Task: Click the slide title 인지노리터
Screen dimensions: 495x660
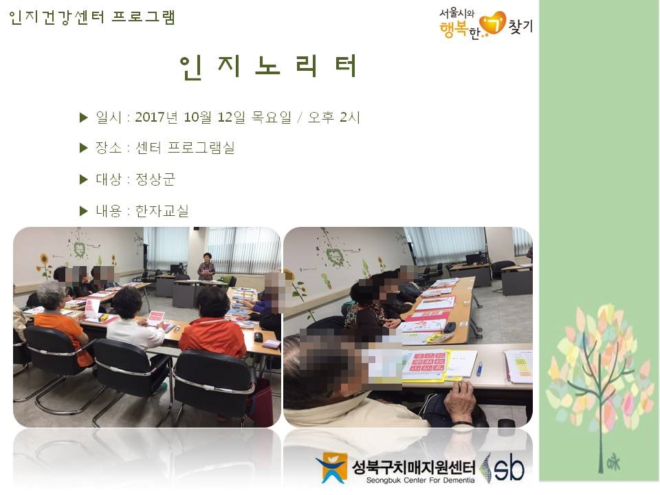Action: [268, 67]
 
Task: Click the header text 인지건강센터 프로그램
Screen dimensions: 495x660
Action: [93, 17]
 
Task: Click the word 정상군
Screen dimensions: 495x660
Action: [155, 179]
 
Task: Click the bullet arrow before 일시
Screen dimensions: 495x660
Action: [84, 118]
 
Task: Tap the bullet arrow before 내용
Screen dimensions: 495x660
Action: [84, 211]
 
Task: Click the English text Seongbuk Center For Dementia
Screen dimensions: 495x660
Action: [412, 480]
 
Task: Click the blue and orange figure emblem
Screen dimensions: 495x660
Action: [331, 467]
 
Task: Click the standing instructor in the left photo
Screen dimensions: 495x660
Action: [206, 266]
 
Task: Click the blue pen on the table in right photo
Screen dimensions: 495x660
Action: [479, 369]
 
